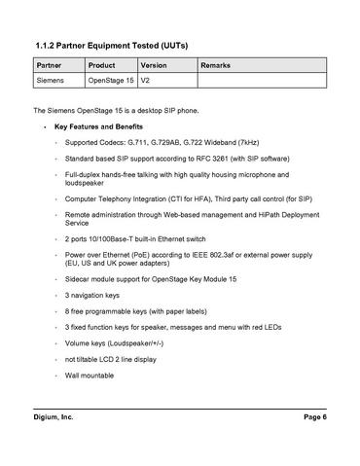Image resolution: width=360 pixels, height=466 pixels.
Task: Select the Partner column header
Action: [x=49, y=65]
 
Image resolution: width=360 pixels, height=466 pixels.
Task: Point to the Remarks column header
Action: [x=217, y=65]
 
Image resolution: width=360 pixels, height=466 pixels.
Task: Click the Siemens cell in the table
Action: [x=52, y=81]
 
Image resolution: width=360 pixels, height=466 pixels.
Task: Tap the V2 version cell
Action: [x=146, y=81]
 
